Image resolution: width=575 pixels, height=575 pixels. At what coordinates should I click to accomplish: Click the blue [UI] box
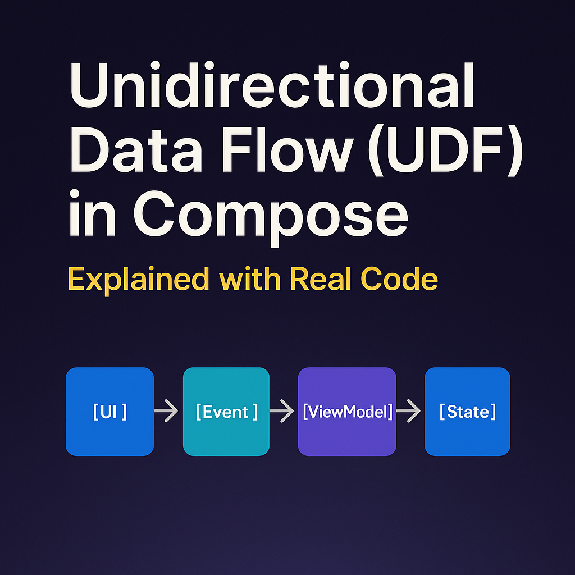pos(109,412)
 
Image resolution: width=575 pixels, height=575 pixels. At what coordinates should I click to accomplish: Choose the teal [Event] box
pos(226,412)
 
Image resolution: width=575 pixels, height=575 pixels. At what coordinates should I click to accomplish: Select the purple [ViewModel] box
pos(347,412)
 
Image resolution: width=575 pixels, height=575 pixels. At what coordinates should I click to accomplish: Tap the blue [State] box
pos(467,412)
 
